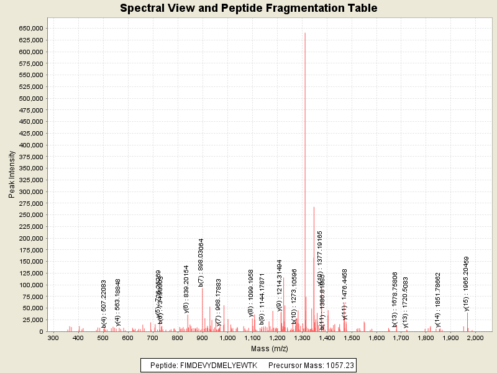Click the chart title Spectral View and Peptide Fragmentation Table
248,8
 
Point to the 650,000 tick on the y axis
30,29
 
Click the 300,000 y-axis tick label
30,191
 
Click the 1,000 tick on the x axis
227,338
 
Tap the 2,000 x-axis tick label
476,338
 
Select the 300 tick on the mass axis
53,338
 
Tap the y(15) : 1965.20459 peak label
467,283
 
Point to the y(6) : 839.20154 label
186,288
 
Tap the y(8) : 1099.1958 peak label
251,293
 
